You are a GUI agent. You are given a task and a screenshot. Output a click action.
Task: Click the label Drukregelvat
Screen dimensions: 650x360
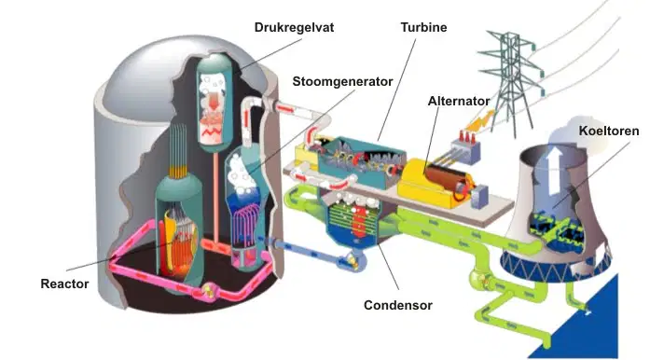pos(294,27)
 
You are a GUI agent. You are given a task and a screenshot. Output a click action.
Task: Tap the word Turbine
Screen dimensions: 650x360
pos(423,27)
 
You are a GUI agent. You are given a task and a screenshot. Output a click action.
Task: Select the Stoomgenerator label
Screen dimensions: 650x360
pos(342,81)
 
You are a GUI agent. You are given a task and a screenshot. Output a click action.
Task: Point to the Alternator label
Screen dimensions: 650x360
pos(459,101)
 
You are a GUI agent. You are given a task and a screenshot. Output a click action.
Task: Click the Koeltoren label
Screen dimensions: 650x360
pos(609,132)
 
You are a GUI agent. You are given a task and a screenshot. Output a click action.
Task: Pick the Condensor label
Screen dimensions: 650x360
pos(398,305)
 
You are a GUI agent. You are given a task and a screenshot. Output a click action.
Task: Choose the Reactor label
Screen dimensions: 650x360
pos(64,284)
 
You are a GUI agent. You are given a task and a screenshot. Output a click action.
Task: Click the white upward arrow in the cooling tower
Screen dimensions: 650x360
pos(555,171)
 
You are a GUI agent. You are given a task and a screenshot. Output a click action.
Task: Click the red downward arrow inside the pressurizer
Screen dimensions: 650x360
pos(214,102)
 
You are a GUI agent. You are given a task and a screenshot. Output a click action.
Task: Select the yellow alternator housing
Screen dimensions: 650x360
pos(434,184)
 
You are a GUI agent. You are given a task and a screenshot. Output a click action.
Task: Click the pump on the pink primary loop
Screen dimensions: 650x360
pos(209,290)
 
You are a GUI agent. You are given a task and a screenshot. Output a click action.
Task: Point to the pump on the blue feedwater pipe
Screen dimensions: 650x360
pos(353,261)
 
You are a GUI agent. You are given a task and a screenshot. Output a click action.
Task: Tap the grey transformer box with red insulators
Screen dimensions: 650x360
pos(465,148)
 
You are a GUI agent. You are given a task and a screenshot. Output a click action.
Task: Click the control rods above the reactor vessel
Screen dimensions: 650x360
pos(178,150)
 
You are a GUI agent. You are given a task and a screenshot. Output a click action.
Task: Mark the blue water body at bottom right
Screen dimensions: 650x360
pos(588,327)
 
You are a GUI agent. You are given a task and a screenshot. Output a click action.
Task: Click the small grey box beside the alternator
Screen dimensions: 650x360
pos(480,197)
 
